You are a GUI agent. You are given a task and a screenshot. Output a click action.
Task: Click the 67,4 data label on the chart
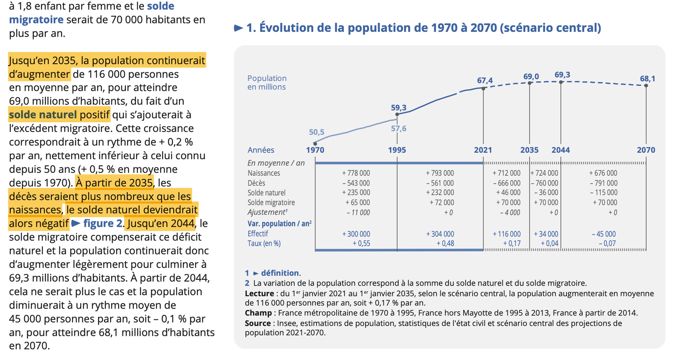[485, 80]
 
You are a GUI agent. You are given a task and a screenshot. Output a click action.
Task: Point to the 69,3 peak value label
[562, 75]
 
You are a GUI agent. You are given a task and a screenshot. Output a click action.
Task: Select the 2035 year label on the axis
[529, 150]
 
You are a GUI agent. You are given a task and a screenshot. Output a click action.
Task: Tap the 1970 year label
[315, 150]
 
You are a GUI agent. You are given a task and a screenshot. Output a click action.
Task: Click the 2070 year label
[646, 150]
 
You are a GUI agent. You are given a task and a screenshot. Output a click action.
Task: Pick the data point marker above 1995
[397, 114]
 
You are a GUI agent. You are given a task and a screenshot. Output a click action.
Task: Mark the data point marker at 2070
[646, 86]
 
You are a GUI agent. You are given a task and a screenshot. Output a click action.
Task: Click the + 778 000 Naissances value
[356, 173]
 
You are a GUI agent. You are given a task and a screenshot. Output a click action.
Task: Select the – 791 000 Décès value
[603, 183]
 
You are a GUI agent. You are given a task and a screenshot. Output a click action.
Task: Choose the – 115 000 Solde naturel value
[603, 193]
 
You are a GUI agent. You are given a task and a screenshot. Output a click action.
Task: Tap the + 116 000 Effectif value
[506, 234]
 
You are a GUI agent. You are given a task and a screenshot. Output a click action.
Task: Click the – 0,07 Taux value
[607, 243]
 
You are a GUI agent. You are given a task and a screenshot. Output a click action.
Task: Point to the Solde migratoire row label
[271, 203]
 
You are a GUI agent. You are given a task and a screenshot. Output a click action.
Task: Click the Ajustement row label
[267, 212]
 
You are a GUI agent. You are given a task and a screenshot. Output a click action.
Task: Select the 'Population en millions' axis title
[267, 83]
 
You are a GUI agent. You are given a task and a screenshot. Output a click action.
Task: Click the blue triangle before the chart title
[238, 28]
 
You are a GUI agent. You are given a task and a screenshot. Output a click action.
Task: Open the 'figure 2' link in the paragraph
[103, 223]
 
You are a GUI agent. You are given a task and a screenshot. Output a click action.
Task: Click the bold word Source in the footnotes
[258, 323]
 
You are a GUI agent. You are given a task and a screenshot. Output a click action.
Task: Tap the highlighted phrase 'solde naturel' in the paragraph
[43, 115]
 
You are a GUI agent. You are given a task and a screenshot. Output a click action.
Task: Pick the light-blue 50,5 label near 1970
[317, 132]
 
